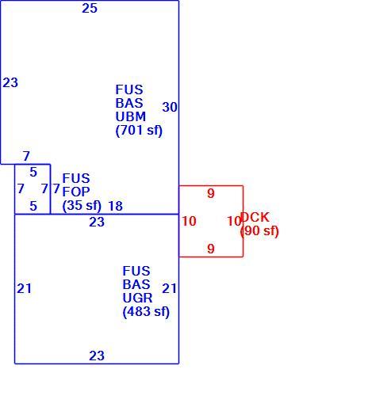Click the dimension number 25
(x=90, y=9)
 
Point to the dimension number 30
(x=170, y=107)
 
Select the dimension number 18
(x=116, y=206)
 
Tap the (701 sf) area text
(x=139, y=131)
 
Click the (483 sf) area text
(x=146, y=312)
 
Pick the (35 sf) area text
(x=82, y=206)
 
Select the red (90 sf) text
(x=259, y=231)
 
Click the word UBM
(x=131, y=116)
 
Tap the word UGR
(x=137, y=298)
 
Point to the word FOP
(x=76, y=192)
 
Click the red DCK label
(x=255, y=217)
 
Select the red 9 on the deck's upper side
(x=211, y=194)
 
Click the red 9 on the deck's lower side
(x=211, y=249)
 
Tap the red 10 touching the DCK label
(x=234, y=221)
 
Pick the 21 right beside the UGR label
(x=169, y=288)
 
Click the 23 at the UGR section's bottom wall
(x=97, y=356)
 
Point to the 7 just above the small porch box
(x=26, y=156)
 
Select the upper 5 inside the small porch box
(x=33, y=173)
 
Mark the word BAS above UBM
(x=129, y=103)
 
